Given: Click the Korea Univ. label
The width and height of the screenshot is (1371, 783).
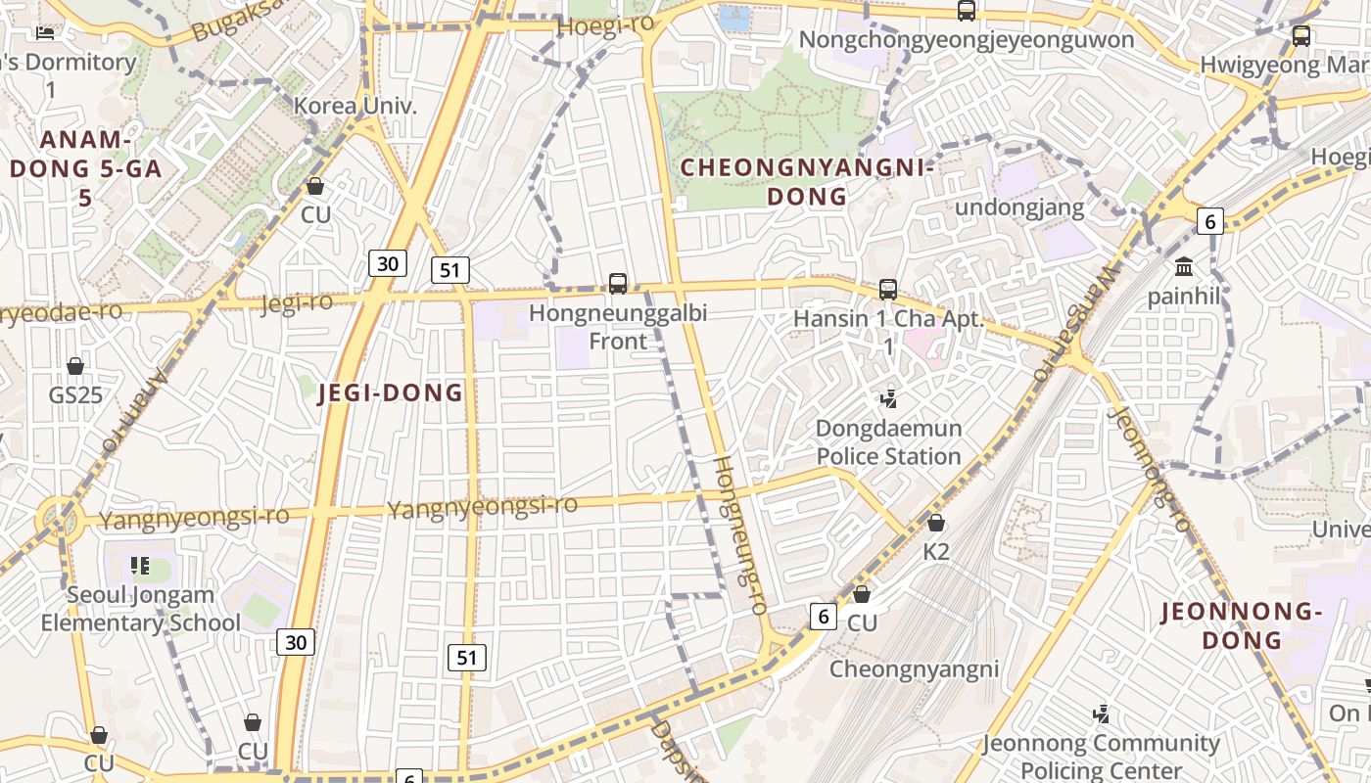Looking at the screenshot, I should tap(355, 106).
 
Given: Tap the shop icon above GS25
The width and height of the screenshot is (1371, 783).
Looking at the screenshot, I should tap(75, 366).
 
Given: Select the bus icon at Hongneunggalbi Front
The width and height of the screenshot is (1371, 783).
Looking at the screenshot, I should tap(618, 284).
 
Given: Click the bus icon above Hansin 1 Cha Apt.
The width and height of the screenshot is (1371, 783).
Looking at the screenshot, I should tap(888, 290).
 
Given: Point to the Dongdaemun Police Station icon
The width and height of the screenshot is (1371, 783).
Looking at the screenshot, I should tap(889, 398).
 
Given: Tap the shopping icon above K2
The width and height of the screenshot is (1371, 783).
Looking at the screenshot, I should tap(936, 523).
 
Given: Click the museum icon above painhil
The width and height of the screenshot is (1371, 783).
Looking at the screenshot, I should tap(1184, 266).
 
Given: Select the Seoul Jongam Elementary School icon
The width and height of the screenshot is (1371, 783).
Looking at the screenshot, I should tap(140, 565).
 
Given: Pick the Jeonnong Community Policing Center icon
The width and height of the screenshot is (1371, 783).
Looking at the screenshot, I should tap(1102, 714).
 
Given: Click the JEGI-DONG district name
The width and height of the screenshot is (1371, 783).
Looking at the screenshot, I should tap(391, 393).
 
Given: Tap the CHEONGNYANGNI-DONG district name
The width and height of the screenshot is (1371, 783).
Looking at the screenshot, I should tap(807, 182).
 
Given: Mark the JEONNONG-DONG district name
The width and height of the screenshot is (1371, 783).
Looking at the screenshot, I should tap(1242, 626).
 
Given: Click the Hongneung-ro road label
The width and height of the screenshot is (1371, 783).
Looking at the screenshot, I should tap(738, 534).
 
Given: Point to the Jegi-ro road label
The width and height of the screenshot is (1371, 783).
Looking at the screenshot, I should tap(297, 302).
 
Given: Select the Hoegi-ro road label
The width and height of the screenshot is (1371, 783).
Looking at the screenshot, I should tap(605, 26).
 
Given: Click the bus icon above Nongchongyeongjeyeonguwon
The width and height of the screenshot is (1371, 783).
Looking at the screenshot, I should tap(967, 11).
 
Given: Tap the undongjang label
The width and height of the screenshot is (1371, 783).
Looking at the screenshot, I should tap(1019, 207).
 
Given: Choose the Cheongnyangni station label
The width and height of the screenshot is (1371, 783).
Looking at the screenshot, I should tap(914, 669).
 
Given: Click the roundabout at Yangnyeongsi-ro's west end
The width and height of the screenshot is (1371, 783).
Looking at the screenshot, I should tap(57, 518).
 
